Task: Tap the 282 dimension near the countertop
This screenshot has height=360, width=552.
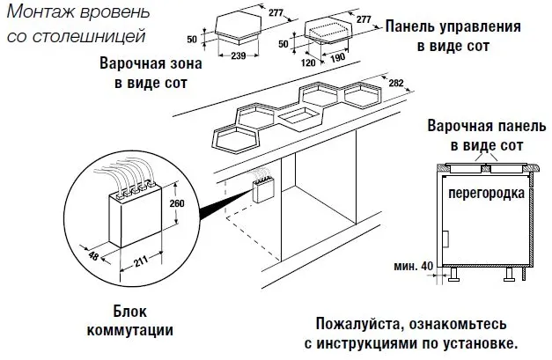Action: pos(395,83)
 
